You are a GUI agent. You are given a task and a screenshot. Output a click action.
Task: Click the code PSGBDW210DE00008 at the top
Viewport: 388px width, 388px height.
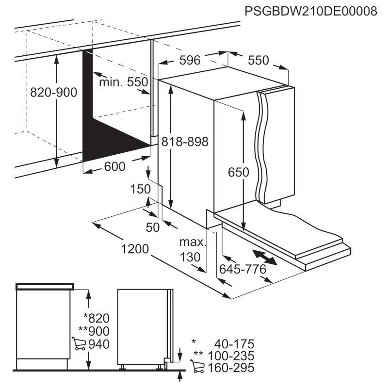[x=311, y=11]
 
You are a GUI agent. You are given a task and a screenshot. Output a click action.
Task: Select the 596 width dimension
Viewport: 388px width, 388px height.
[x=190, y=60]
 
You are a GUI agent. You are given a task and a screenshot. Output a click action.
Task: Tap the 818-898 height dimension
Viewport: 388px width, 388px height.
[x=185, y=142]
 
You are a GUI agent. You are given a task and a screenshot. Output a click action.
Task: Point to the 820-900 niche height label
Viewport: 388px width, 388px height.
[x=54, y=92]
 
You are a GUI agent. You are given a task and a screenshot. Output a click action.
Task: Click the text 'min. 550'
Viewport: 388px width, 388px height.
[x=124, y=82]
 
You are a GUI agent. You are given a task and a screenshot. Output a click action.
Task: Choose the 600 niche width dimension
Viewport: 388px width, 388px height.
[x=114, y=166]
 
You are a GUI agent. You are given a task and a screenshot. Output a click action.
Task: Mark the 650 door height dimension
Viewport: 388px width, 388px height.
[x=239, y=172]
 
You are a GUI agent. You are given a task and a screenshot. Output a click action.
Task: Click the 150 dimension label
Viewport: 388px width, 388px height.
[x=140, y=189]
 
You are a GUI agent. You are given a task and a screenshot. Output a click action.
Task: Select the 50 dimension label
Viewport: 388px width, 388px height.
[x=153, y=227]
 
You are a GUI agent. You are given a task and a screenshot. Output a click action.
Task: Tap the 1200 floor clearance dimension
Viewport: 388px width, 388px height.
[x=135, y=249]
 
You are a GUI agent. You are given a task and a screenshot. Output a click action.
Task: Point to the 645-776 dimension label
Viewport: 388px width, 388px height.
[x=243, y=269]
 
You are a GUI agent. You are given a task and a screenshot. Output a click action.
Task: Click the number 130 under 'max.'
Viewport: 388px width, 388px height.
[x=190, y=257]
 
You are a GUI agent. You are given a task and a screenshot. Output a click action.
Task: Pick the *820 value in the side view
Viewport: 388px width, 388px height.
[x=97, y=318]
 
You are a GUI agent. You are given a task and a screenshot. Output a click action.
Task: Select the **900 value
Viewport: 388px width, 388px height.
[x=94, y=331]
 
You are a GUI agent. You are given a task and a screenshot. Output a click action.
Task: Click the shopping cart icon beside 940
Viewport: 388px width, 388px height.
[x=79, y=343]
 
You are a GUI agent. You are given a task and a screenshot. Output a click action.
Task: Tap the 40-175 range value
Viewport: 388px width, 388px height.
[x=234, y=344]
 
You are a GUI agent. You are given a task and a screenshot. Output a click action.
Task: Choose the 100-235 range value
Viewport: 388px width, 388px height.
[x=231, y=356]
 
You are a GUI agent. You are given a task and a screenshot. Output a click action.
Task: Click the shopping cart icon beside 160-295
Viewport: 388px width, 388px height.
[x=197, y=366]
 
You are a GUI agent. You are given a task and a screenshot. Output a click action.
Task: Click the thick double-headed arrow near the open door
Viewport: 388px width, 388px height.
[x=264, y=258]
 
